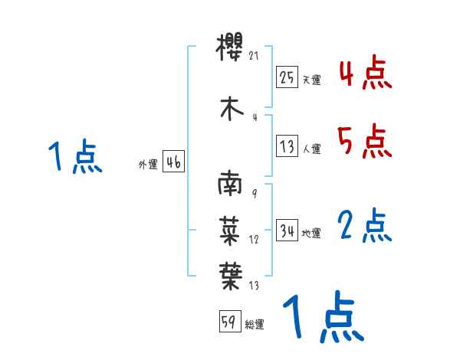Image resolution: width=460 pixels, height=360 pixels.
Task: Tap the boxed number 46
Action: (x=173, y=162)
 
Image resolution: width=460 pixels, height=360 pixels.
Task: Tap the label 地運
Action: (x=312, y=234)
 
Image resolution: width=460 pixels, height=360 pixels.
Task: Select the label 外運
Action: (x=148, y=165)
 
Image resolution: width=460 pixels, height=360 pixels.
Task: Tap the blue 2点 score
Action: (x=365, y=226)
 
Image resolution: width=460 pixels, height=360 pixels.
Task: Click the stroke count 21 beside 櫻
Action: (x=256, y=56)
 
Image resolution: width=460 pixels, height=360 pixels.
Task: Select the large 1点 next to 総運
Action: (x=323, y=318)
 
